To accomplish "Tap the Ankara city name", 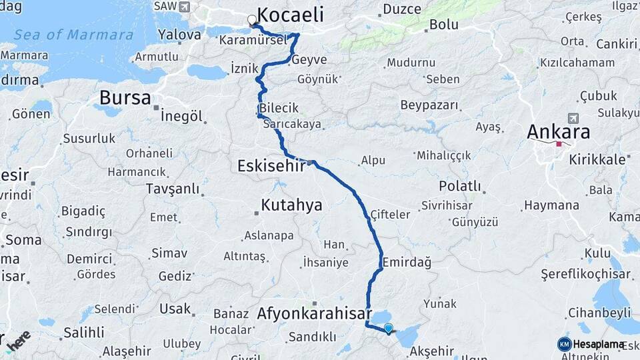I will [x=558, y=131].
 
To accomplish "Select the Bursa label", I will [x=125, y=98].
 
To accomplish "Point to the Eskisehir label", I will [x=271, y=165].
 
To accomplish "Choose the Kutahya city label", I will [x=291, y=205].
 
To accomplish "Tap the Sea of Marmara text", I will [x=73, y=35].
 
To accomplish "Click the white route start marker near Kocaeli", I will [x=253, y=20].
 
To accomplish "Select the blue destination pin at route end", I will [x=389, y=327].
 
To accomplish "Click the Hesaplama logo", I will [x=591, y=344].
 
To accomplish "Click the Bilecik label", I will [x=279, y=108].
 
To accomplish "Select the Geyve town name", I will [x=309, y=60].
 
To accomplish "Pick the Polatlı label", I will [x=459, y=185].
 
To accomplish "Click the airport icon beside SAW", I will [x=184, y=6].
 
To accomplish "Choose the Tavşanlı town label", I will [x=173, y=189].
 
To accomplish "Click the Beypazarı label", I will [x=429, y=105].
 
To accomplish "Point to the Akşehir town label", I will [x=431, y=351].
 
